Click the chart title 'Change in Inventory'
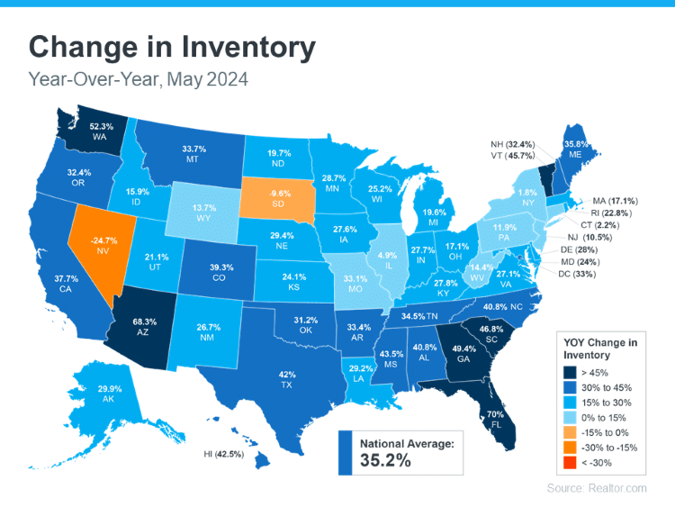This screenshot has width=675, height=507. [172, 47]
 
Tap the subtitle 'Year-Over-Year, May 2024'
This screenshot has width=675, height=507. [139, 80]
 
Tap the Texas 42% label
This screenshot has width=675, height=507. [287, 378]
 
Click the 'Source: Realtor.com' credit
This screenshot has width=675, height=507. [596, 487]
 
